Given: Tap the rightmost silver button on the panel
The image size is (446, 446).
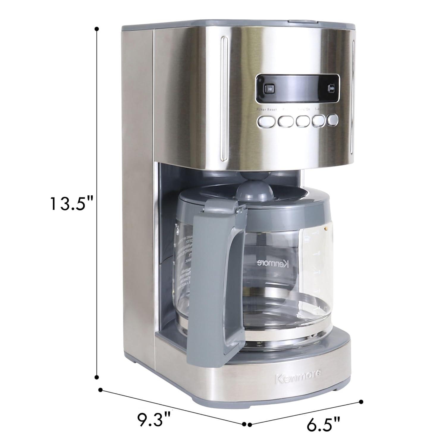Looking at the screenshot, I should click(x=333, y=120).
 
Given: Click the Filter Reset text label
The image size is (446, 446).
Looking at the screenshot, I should click(x=267, y=109).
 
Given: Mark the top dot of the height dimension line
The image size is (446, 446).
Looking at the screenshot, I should click(x=96, y=29).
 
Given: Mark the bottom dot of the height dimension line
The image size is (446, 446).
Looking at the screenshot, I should click(x=96, y=377).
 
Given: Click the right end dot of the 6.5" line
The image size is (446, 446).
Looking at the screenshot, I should click(x=361, y=402).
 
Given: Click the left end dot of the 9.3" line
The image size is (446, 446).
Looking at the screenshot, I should click(x=100, y=390).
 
